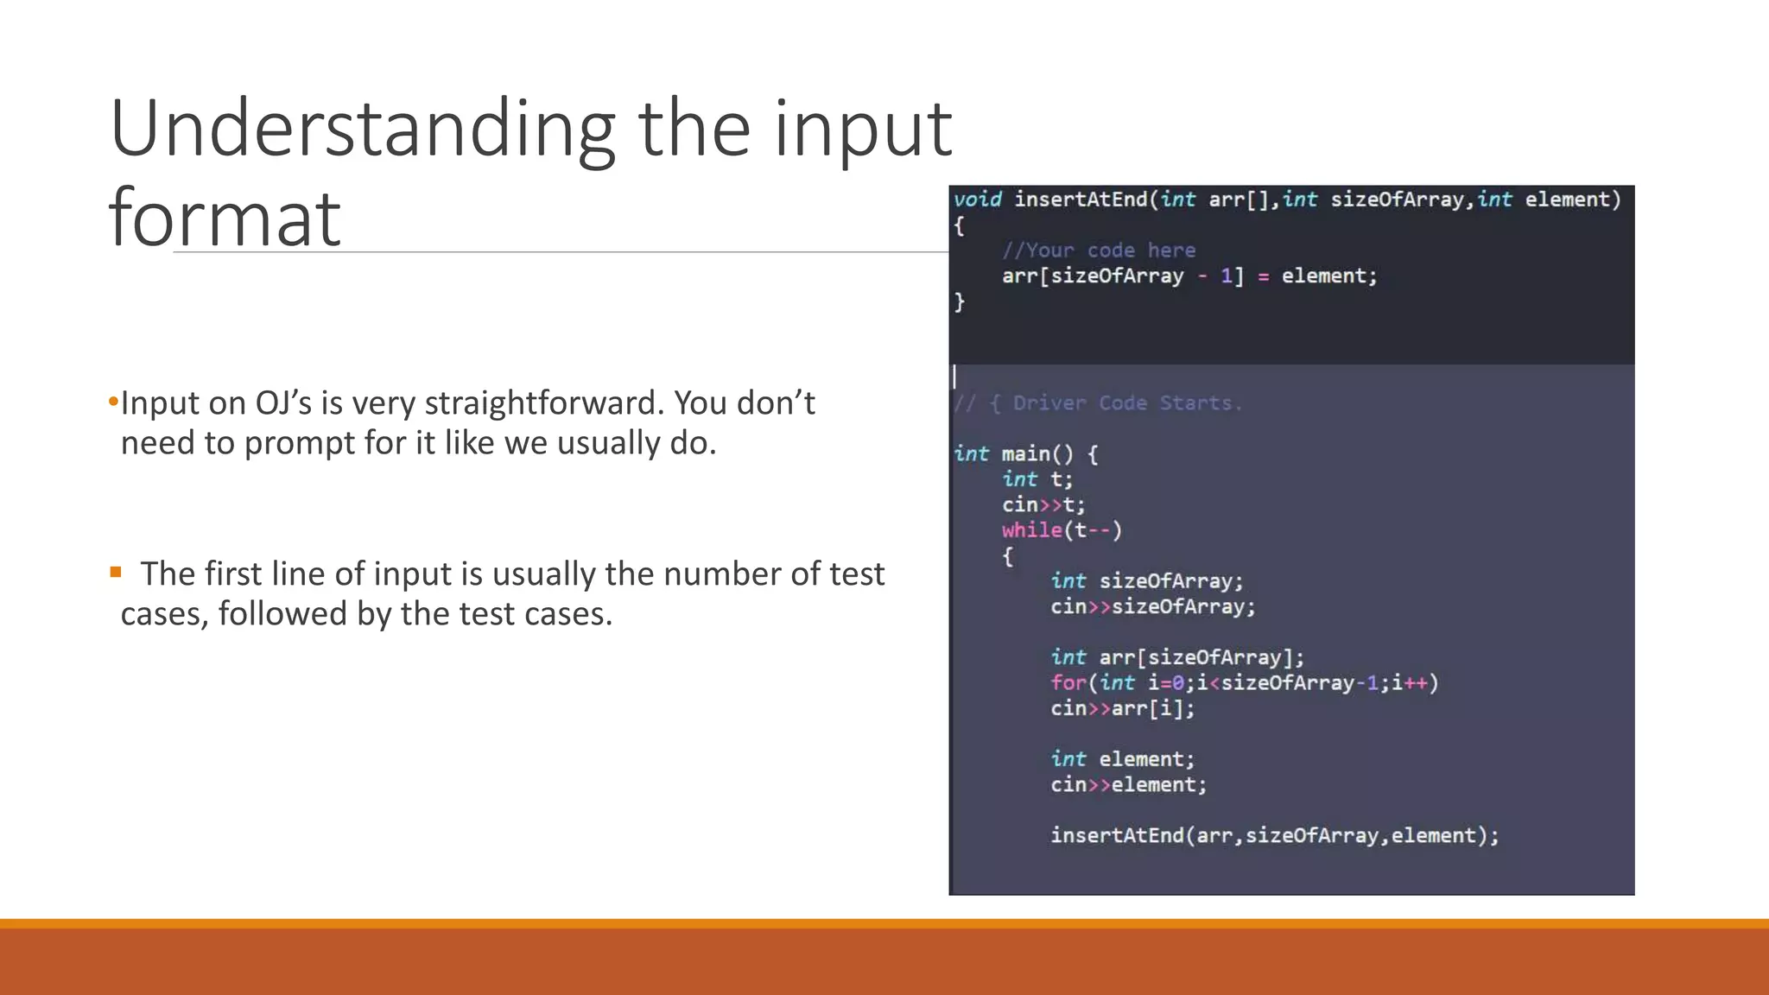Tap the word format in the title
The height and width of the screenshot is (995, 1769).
225,218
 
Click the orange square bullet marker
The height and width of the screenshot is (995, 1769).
116,572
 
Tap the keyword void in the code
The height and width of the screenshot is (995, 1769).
978,200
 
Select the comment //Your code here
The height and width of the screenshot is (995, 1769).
1099,250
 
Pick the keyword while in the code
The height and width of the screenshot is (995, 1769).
1031,530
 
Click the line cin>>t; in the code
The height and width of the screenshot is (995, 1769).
1043,505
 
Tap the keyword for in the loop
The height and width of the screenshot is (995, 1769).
1068,683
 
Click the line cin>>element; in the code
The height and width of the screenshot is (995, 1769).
1128,785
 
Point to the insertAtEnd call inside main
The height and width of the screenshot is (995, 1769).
1274,836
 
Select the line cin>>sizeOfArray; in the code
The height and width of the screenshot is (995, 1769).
1152,607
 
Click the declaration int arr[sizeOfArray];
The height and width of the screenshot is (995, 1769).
1176,658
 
